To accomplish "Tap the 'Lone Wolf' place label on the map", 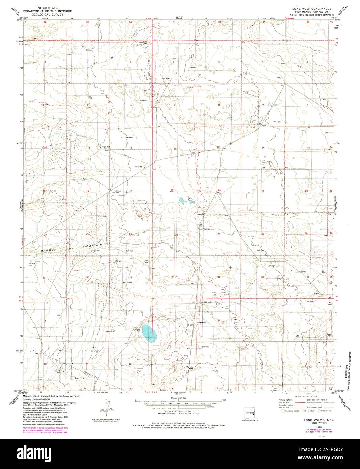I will click(115, 192).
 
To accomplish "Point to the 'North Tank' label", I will click(190, 199).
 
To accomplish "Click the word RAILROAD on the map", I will click(50, 249).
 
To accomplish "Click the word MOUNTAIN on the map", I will click(93, 245).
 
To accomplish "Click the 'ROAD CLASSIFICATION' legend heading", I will click(307, 396).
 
